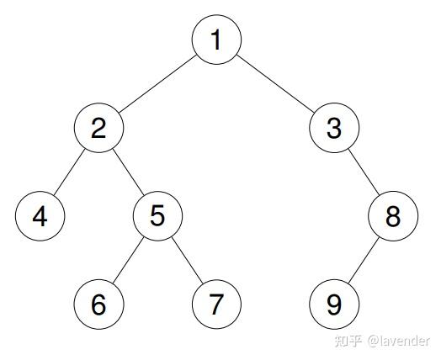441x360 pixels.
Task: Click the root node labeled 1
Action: [216, 40]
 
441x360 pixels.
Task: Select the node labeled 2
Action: [98, 128]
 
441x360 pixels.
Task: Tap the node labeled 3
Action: [334, 128]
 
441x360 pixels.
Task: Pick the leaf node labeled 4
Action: [40, 216]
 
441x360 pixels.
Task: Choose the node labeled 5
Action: [157, 216]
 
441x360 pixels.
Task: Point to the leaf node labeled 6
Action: [98, 304]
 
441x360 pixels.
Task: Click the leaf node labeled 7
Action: [216, 304]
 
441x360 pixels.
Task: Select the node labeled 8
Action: [393, 216]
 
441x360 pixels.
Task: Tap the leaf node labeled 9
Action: [334, 304]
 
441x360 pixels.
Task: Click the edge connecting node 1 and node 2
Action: [157, 84]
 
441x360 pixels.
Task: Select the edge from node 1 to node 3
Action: [275, 84]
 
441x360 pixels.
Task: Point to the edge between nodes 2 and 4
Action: [69, 172]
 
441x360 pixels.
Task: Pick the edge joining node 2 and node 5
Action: [128, 172]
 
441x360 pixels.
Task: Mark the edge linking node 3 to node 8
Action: [364, 172]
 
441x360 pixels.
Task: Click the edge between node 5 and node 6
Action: [128, 260]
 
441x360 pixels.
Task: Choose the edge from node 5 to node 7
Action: [187, 260]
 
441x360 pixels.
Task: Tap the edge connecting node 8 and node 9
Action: [364, 260]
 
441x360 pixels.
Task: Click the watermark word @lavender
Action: [399, 341]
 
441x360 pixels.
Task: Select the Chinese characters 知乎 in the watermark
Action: [348, 341]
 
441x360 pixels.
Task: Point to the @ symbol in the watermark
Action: [373, 341]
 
